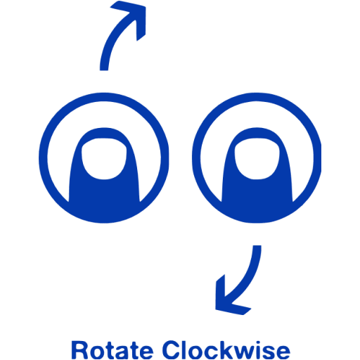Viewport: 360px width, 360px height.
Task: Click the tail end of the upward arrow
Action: click(104, 70)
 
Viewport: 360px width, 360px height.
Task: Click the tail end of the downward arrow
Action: click(257, 245)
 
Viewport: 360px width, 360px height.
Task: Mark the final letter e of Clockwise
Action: click(283, 352)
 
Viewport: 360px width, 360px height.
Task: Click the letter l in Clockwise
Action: click(186, 349)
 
